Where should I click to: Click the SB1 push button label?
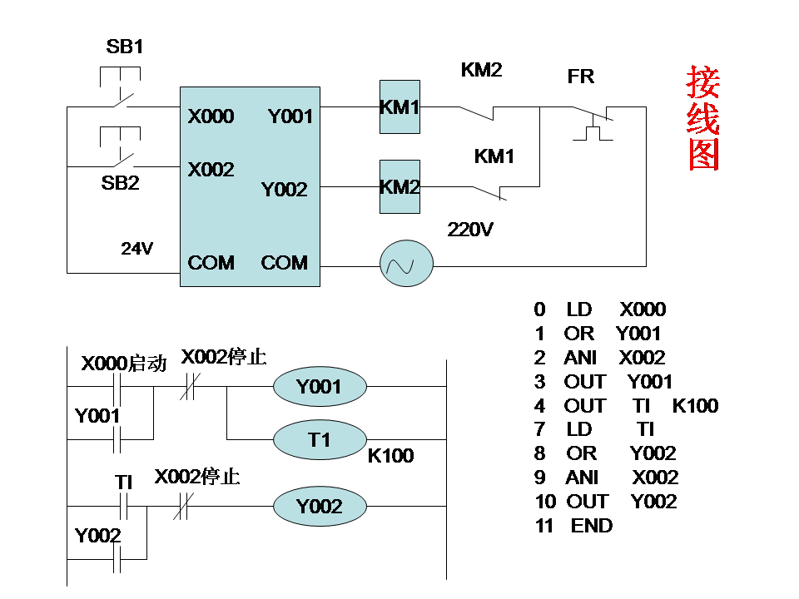coord(125,47)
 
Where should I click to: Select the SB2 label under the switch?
coord(120,183)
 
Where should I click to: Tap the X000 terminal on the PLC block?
coord(211,116)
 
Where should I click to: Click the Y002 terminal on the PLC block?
coord(284,190)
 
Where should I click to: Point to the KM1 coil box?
coord(399,106)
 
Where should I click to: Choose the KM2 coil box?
coord(399,186)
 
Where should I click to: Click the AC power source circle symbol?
coord(407,265)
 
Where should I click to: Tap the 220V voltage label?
coord(470,229)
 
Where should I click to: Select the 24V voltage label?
coord(136,248)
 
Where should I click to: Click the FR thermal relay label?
coord(581,77)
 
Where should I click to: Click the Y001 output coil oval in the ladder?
coord(320,387)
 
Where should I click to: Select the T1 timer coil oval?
coord(320,439)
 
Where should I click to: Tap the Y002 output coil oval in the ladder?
coord(320,507)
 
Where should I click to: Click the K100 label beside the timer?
coord(390,456)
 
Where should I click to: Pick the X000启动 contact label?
coord(123,364)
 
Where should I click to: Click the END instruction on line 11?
coord(591,526)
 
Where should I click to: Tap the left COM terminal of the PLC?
coord(211,263)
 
